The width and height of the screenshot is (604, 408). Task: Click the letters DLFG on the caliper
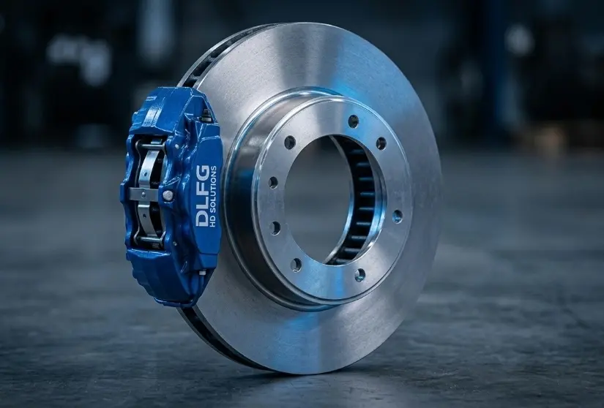click(204, 196)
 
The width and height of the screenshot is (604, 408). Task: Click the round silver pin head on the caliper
click(168, 196)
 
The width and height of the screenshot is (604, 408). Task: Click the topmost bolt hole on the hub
click(354, 121)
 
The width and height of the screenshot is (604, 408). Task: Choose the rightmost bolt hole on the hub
click(397, 216)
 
